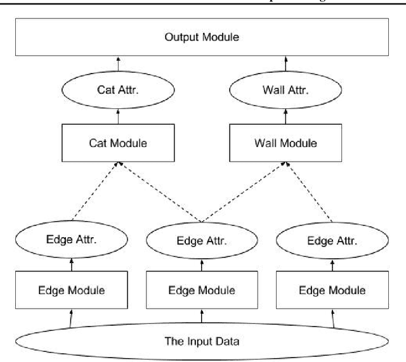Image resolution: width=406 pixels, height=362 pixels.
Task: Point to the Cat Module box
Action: (117, 143)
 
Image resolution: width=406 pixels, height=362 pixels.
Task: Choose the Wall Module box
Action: (285, 143)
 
